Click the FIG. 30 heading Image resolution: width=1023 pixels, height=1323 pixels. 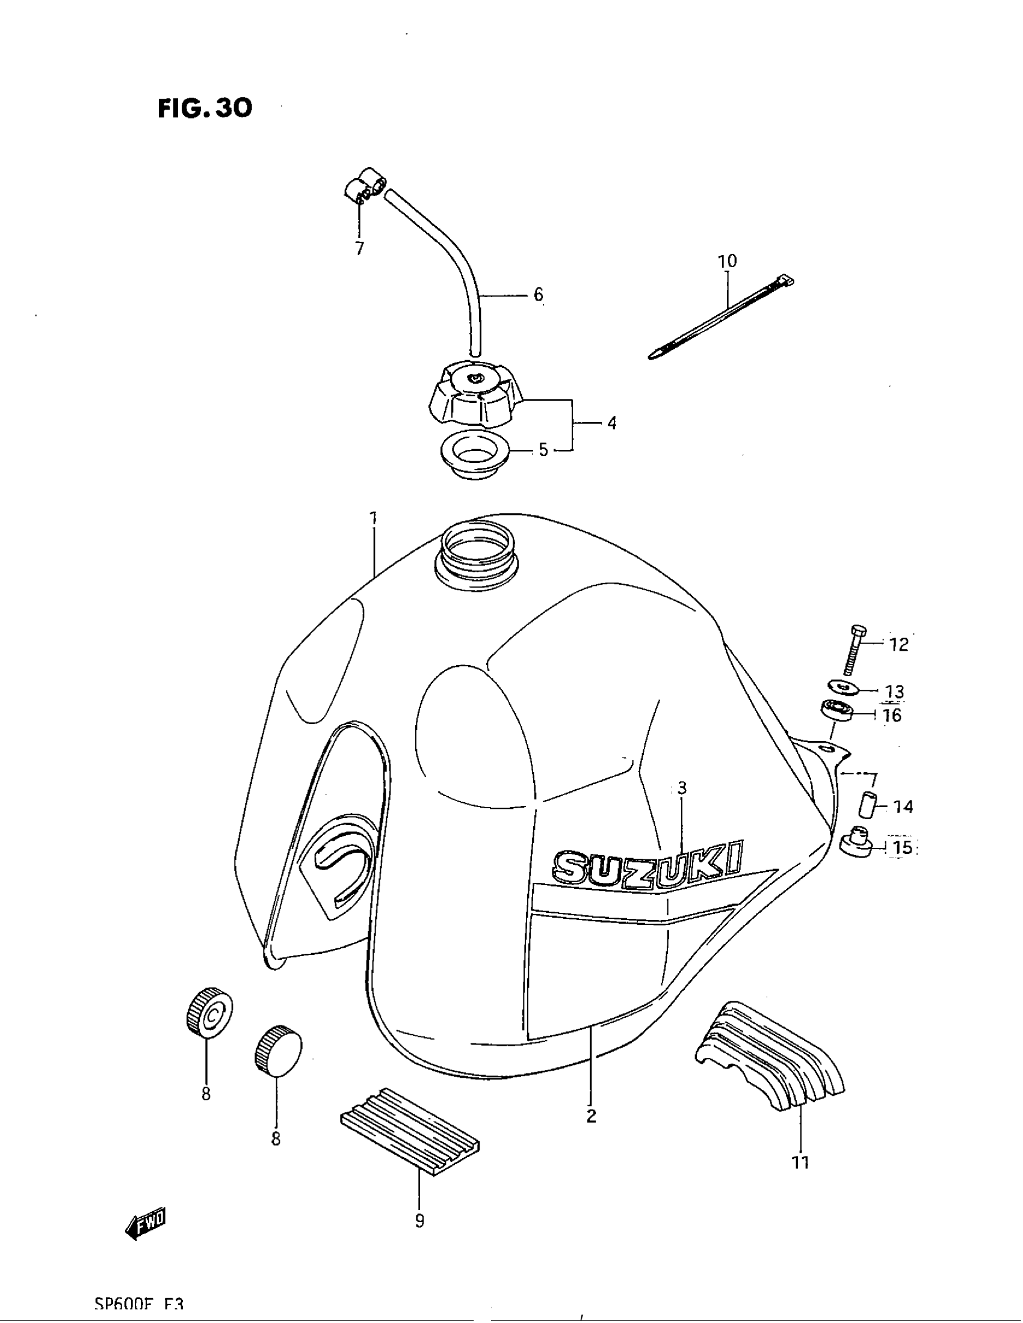[205, 108]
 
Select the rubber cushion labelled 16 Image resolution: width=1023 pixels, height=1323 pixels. [837, 710]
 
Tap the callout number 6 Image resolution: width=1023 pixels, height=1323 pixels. [538, 295]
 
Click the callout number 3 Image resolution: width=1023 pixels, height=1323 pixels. [682, 788]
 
